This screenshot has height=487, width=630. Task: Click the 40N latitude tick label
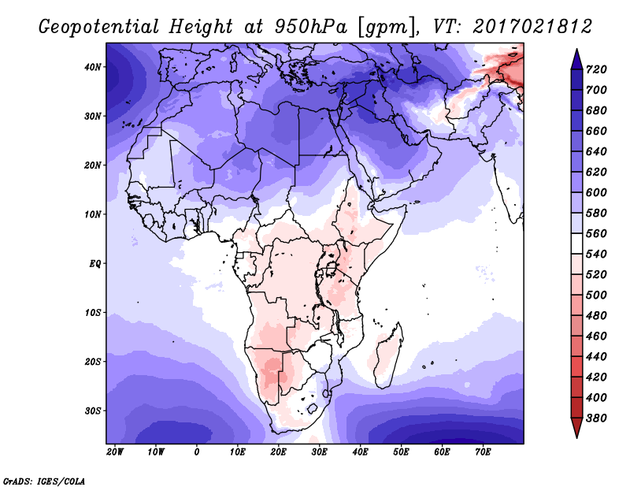tap(93, 67)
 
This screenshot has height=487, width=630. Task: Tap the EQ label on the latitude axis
tap(94, 264)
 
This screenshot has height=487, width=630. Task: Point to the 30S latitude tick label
tap(93, 411)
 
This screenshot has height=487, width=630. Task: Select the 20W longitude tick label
tap(115, 452)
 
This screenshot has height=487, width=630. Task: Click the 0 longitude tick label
tap(196, 452)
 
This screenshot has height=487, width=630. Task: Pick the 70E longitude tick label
tap(483, 452)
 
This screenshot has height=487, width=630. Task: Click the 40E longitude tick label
tap(360, 452)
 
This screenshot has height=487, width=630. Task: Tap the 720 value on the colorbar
tap(596, 69)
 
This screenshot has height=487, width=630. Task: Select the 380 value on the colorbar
tap(596, 418)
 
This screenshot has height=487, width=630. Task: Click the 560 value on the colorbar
tap(596, 233)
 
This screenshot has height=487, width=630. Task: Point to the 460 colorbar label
tap(596, 336)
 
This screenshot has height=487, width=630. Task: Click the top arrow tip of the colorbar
tap(576, 49)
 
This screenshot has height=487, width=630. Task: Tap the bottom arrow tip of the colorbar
tap(576, 437)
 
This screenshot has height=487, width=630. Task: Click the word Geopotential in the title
tap(99, 28)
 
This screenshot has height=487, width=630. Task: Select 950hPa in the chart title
tap(311, 27)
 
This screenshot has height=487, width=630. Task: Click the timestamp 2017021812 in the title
tap(532, 27)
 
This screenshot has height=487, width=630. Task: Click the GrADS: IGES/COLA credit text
tap(44, 481)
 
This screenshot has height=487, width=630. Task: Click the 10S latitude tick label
tap(93, 313)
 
